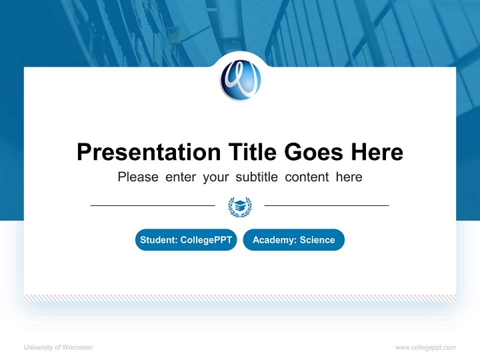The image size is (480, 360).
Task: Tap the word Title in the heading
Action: pos(253,152)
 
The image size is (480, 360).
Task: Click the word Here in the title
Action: pos(376,152)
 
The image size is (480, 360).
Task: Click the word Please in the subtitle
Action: pos(138,177)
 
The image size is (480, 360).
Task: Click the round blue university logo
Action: pos(240,80)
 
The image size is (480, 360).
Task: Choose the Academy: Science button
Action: pos(293,240)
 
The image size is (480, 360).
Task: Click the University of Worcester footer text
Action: pos(58,347)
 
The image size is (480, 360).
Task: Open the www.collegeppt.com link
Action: pos(425,347)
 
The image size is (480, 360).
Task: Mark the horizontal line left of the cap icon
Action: pos(152,205)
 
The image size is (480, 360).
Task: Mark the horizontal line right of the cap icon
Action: pos(326,205)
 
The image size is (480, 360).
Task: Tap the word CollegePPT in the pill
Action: pos(205,240)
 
